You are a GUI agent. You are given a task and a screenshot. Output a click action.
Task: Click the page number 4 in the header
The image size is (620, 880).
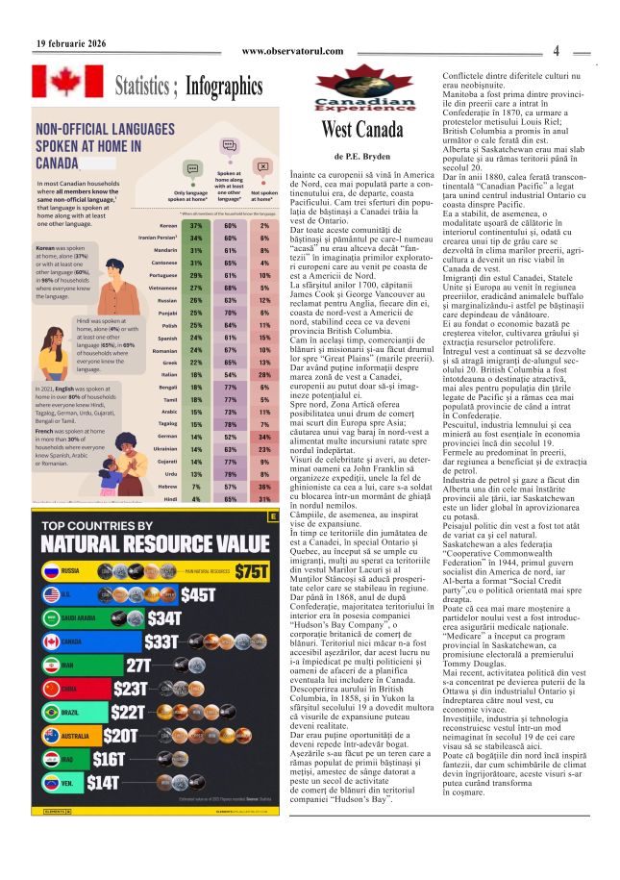tap(556, 51)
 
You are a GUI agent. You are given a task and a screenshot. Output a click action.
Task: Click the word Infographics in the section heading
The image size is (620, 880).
tap(224, 88)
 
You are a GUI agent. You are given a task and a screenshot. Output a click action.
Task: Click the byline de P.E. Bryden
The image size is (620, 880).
tap(362, 155)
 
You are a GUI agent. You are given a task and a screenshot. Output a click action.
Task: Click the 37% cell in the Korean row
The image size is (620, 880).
tap(196, 225)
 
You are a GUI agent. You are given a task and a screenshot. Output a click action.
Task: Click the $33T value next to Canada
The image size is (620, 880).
tap(161, 667)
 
